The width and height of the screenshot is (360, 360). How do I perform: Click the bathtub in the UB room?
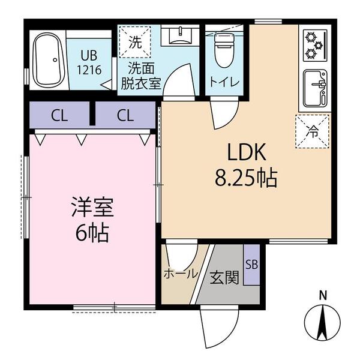(49, 60)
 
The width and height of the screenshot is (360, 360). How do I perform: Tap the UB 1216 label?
(89, 62)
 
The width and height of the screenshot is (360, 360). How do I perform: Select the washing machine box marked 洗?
(135, 42)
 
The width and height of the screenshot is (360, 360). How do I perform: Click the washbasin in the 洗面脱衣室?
(180, 36)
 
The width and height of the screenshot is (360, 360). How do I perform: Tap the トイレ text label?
(224, 82)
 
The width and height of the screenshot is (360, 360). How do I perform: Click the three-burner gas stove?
(315, 46)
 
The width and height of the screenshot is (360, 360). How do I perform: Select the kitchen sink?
(315, 88)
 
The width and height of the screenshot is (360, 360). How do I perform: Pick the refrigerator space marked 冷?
(312, 131)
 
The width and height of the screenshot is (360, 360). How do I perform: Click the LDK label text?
(247, 152)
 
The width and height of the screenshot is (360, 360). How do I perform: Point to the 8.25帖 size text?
(246, 178)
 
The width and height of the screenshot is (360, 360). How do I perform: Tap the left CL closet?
(59, 115)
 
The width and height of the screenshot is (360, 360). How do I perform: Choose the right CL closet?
(125, 115)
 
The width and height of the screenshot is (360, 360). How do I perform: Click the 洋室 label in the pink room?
(92, 207)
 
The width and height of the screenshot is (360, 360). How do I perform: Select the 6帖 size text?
(92, 233)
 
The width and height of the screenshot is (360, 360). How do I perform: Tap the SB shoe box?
(251, 265)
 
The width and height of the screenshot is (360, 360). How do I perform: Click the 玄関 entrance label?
(224, 277)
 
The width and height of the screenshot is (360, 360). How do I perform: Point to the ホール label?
(181, 274)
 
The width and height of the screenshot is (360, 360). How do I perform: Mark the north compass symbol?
(322, 323)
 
